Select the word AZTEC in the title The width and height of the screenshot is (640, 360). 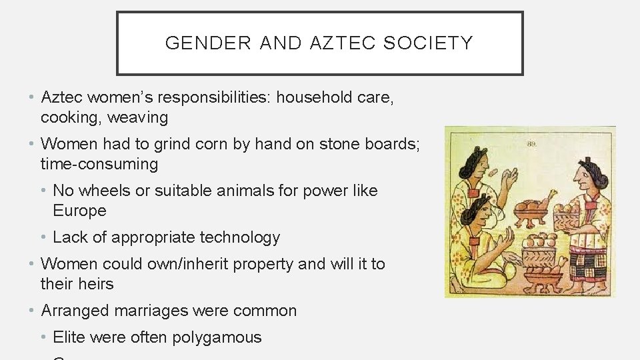331,43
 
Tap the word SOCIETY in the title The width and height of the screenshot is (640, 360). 429,43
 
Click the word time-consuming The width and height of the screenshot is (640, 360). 99,164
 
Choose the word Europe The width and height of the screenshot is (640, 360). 79,211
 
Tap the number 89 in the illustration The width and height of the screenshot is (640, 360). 532,143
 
